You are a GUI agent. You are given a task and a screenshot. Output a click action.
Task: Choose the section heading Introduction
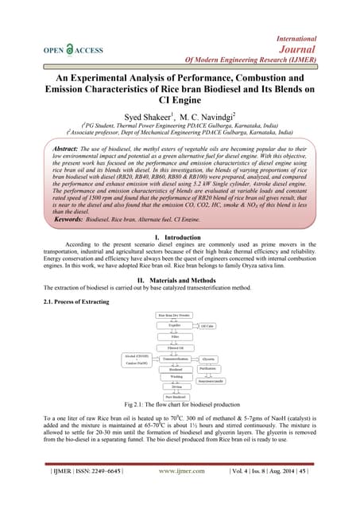pos(184,238)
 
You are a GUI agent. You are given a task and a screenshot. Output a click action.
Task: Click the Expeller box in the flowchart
pos(176,325)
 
